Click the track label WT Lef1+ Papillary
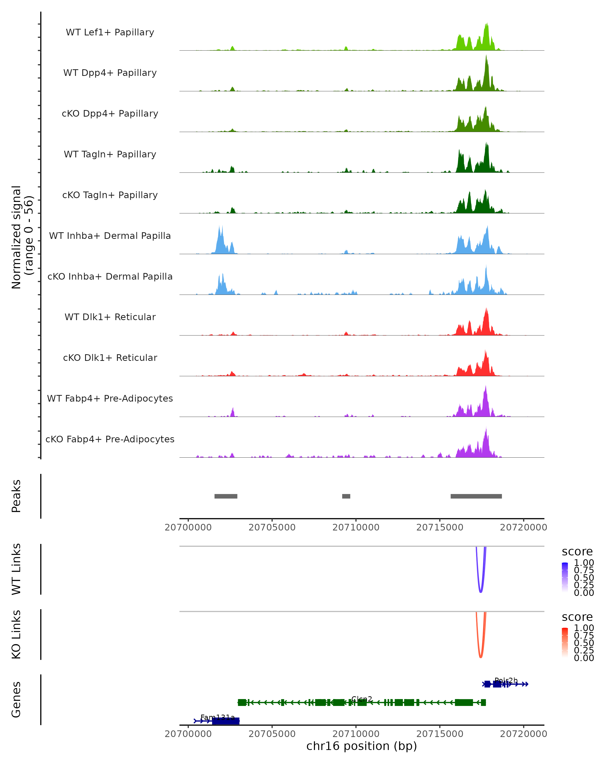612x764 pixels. pyautogui.click(x=110, y=32)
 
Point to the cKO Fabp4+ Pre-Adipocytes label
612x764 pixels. pyautogui.click(x=110, y=439)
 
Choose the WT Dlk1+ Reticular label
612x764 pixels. pyautogui.click(x=110, y=317)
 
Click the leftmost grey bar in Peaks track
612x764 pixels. pyautogui.click(x=226, y=496)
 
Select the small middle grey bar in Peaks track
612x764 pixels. pyautogui.click(x=346, y=496)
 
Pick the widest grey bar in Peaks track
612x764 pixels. pyautogui.click(x=476, y=496)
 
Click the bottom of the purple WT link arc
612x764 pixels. pyautogui.click(x=480, y=592)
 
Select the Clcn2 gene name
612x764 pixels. pyautogui.click(x=362, y=699)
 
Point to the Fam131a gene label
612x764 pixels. pyautogui.click(x=218, y=717)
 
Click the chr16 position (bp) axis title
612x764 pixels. pyautogui.click(x=362, y=746)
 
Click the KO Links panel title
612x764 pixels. pyautogui.click(x=16, y=634)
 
